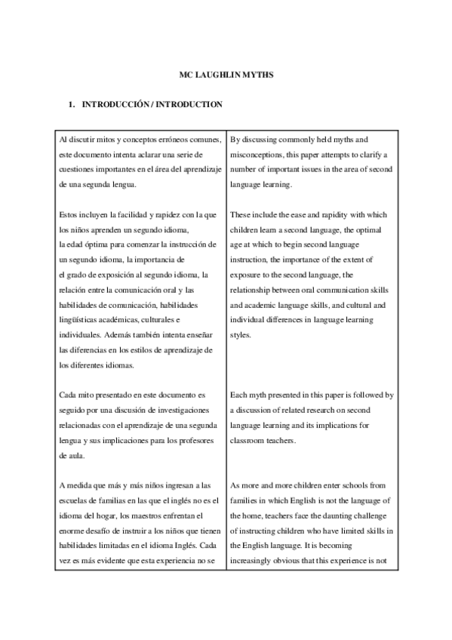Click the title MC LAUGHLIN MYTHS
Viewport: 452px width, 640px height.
(226, 75)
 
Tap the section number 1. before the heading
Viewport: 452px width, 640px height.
(72, 105)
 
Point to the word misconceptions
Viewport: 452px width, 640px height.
(261, 155)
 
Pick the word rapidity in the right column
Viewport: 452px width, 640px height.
(324, 215)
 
